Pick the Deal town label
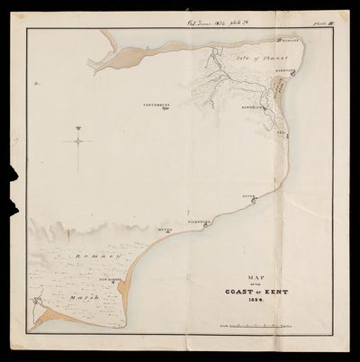point(281,132)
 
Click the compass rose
point(78,140)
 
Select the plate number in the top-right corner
point(315,24)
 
